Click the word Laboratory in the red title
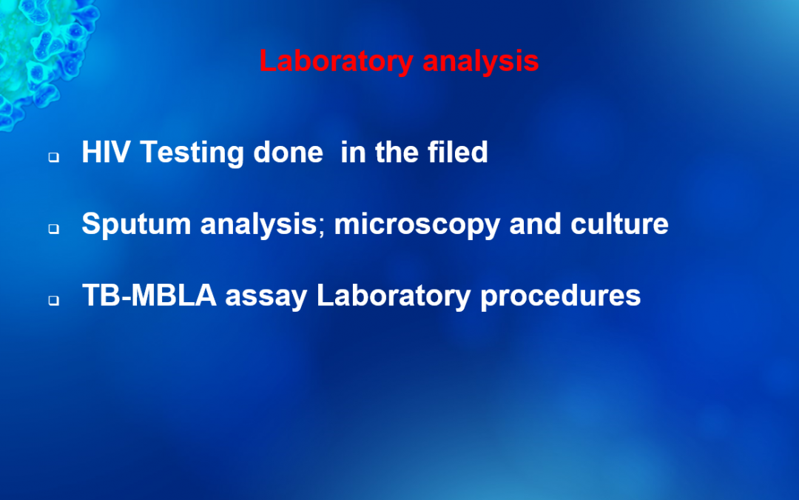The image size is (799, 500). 337,61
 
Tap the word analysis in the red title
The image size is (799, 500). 481,61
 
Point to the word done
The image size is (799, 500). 288,152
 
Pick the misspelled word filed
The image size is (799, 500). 458,152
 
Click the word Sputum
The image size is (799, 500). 136,224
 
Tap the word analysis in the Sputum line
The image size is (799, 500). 258,224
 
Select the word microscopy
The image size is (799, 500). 417,224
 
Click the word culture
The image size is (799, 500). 619,223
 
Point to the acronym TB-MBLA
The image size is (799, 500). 149,295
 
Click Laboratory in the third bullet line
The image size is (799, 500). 394,296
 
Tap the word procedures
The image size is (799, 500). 561,296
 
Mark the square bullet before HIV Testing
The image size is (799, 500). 54,157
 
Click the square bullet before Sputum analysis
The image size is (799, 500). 54,229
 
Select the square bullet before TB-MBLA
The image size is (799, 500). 54,301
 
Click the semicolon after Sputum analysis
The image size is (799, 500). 322,227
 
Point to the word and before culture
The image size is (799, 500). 535,223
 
